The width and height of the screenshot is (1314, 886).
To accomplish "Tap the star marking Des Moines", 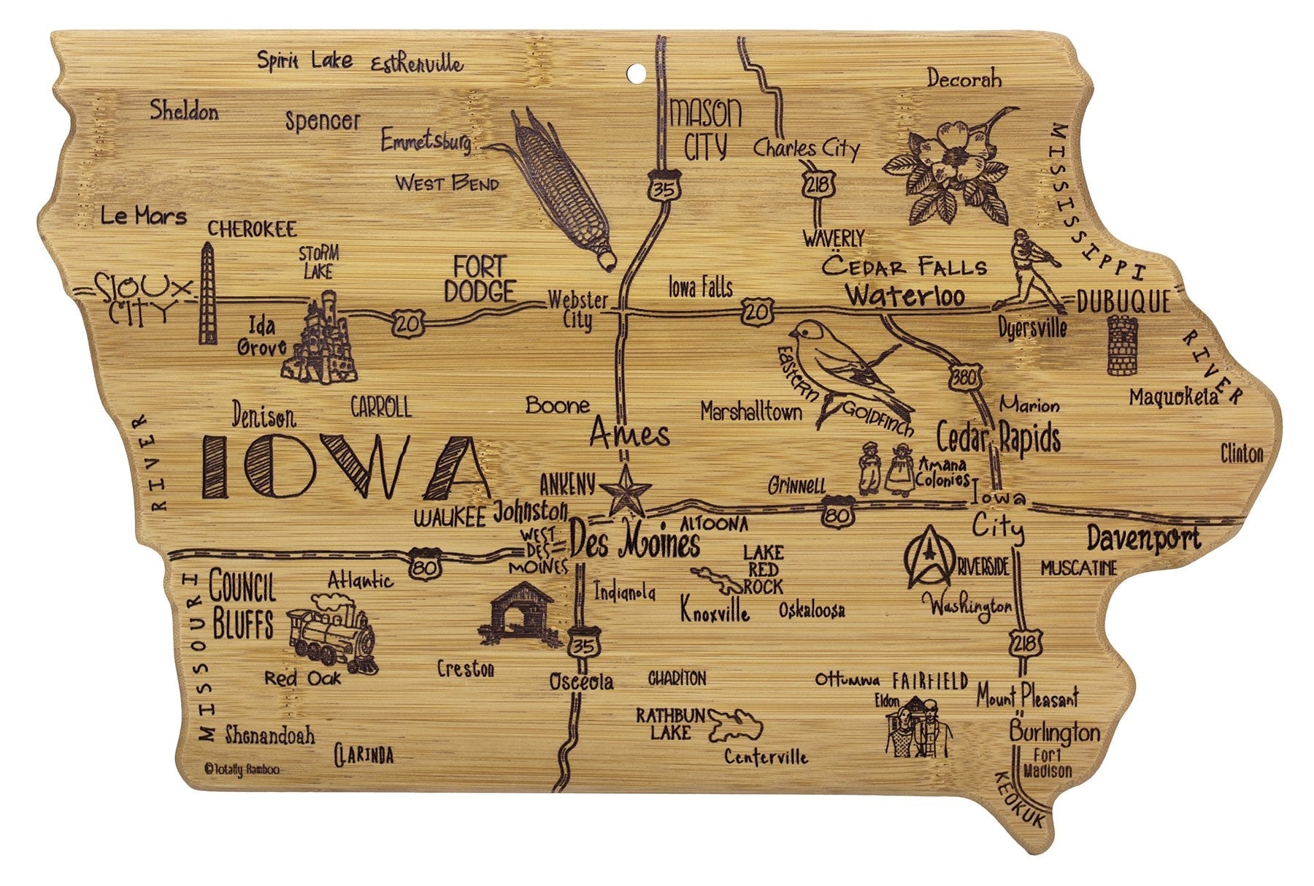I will coord(625,491).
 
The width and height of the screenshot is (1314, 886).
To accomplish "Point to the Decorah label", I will coord(964,79).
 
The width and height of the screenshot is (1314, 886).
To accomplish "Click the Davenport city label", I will coord(1143,538).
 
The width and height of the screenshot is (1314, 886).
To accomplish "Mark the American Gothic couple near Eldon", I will coord(919,726).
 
